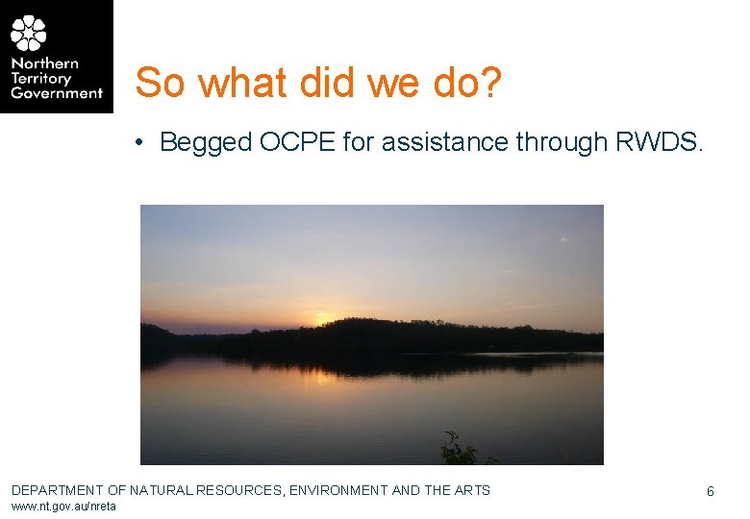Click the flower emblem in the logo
click(x=29, y=33)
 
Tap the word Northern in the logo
click(x=44, y=63)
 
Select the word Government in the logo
click(x=57, y=93)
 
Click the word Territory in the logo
click(x=42, y=79)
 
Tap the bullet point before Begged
click(x=140, y=143)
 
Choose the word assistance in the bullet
click(x=443, y=142)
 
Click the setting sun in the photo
click(x=320, y=318)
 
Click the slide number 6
click(x=711, y=491)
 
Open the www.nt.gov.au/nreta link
click(x=63, y=507)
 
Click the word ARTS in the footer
click(x=472, y=490)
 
